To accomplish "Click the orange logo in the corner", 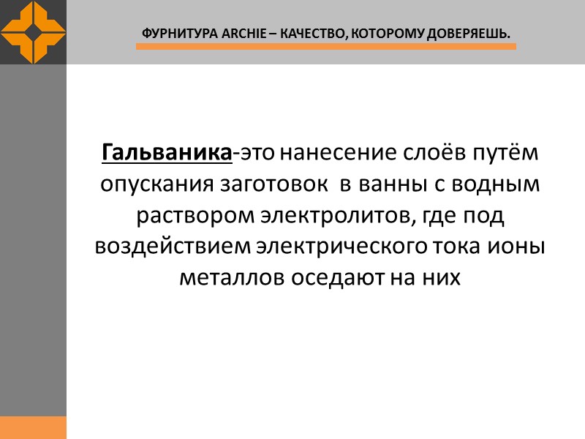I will coord(33,32).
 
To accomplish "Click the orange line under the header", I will coord(325,46).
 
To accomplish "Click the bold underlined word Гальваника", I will coord(167,154).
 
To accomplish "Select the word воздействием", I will coord(173,247).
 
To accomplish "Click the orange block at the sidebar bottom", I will coord(33,427).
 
